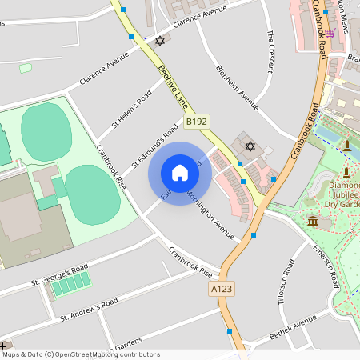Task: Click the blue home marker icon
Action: (x=179, y=173)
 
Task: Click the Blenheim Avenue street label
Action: (x=238, y=87)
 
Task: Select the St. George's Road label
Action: (x=59, y=275)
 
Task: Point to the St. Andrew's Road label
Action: (x=89, y=309)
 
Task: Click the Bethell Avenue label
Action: (x=294, y=330)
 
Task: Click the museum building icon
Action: (x=312, y=220)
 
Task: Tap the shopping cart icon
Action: (x=330, y=33)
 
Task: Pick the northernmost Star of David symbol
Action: (x=159, y=40)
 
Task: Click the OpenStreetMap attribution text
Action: (x=81, y=354)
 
